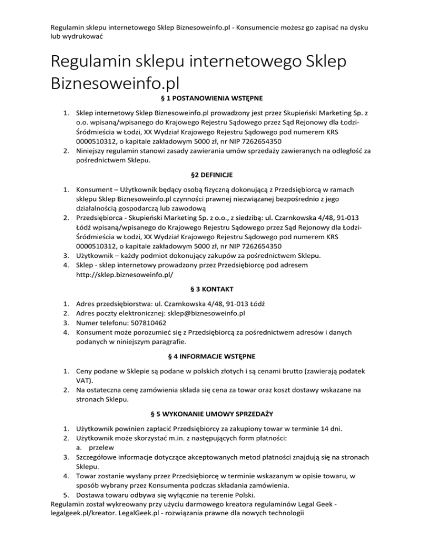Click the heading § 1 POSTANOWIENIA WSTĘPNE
tap(211, 98)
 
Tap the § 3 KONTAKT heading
tap(211, 289)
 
